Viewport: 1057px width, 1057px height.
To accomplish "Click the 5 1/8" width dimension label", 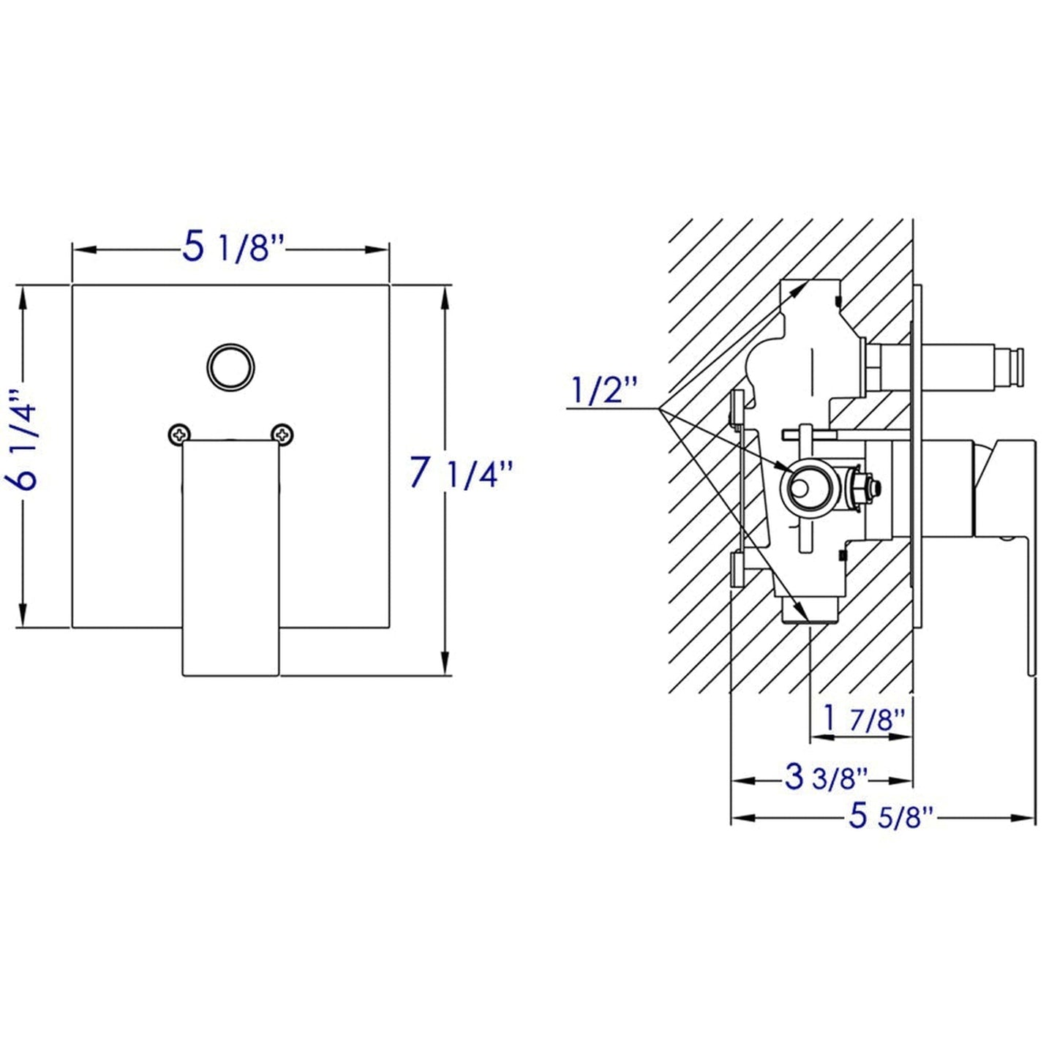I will [x=231, y=248].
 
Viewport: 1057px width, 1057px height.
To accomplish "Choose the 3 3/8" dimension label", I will [x=826, y=778].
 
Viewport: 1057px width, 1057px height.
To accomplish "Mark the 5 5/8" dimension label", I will [x=891, y=816].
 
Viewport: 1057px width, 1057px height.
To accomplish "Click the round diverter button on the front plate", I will [x=230, y=366].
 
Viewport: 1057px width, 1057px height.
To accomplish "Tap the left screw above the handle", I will [x=177, y=435].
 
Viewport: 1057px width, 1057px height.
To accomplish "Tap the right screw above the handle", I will [x=282, y=435].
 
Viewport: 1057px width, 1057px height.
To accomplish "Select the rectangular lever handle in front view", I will [x=230, y=556].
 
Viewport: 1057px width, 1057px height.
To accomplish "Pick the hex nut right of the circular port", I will [x=863, y=486].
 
